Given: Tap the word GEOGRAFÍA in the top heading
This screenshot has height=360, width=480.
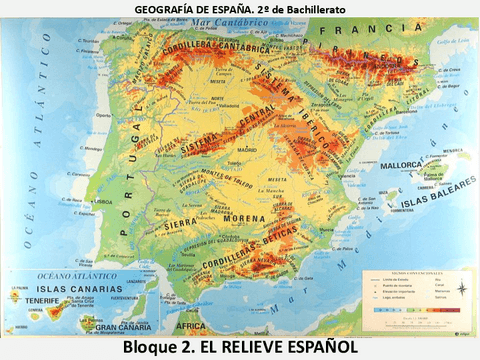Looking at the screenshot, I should (164, 8).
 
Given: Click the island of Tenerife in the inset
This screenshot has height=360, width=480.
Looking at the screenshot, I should (42, 313).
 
